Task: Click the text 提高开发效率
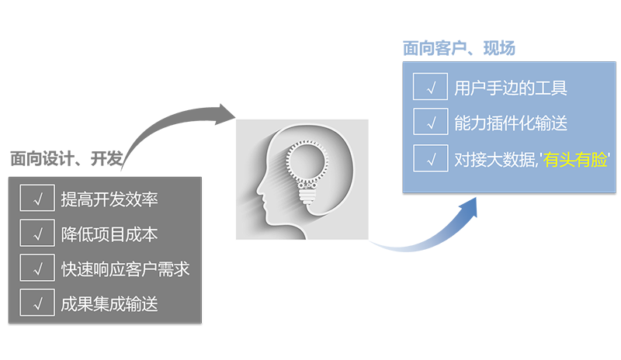[109, 199]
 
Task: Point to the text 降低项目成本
[109, 234]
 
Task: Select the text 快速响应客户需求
[125, 269]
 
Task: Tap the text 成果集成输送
[109, 303]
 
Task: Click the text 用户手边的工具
[511, 88]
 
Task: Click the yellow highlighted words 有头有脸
[577, 160]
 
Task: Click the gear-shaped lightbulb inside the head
[309, 164]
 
